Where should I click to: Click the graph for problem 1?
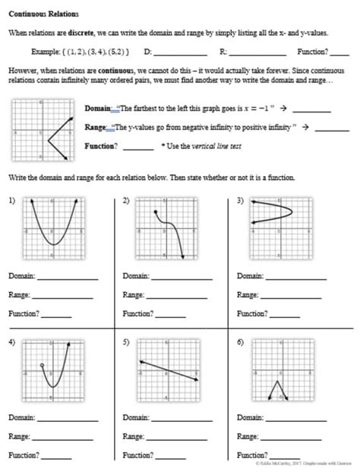52,226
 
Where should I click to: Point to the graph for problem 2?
166,226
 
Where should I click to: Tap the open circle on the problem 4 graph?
43,367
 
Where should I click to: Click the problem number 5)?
126,342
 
